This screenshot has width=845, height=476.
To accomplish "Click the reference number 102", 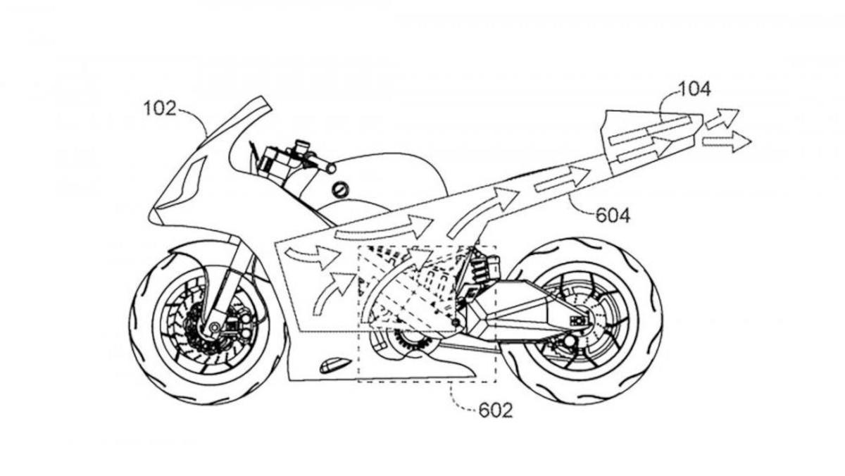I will tap(160, 109).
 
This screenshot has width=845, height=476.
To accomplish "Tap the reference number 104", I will tap(694, 89).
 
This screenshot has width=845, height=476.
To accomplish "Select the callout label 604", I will tap(613, 215).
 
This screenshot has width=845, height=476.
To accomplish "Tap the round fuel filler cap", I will tap(342, 189).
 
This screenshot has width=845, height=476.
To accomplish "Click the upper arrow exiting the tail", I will tap(721, 118).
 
